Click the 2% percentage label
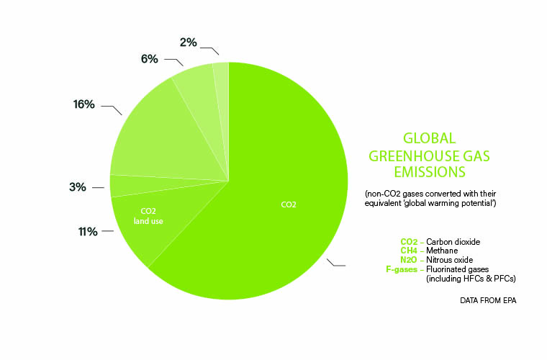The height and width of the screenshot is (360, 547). coord(189,42)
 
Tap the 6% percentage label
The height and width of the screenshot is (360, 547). coord(149,59)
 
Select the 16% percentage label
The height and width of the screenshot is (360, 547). coord(83,104)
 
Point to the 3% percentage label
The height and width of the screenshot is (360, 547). coord(78,187)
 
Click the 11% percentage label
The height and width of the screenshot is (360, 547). coord(88,232)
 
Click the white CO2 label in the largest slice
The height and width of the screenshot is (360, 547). coord(289,204)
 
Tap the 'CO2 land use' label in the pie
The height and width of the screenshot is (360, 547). coord(148,216)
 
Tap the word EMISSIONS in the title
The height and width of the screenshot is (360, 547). coord(430,172)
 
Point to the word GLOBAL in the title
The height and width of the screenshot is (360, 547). coord(430,138)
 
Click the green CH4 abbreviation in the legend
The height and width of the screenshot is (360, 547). coord(409,251)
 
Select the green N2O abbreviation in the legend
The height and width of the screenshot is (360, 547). coord(409,260)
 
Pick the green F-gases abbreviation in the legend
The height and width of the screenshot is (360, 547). coord(402,269)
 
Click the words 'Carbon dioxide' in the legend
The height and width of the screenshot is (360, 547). coord(453,242)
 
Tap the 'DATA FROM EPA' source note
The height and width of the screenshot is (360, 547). coord(488,300)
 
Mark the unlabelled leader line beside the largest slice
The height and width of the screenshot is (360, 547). coord(335,264)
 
